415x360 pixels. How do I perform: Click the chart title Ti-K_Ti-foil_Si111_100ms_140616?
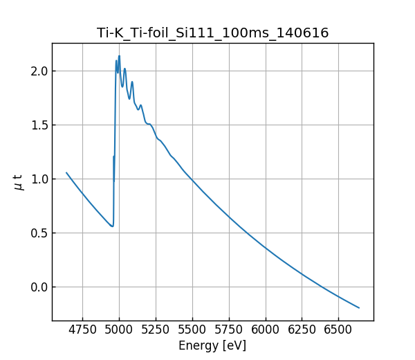212,33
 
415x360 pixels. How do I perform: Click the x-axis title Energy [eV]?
212,345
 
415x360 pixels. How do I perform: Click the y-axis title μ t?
19,182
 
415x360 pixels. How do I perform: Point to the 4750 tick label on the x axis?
82,330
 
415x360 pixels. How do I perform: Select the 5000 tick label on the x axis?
119,330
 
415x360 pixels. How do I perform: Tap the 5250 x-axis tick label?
156,330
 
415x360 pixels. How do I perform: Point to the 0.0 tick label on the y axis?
39,287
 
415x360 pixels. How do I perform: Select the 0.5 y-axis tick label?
39,233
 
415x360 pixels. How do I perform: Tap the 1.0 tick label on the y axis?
39,179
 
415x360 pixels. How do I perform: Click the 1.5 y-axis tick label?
39,125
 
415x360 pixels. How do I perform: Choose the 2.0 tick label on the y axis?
39,71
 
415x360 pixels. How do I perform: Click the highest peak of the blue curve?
119,56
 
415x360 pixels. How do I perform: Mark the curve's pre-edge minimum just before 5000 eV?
111,226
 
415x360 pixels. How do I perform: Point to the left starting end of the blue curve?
66,172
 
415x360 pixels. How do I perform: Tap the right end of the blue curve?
359,308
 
